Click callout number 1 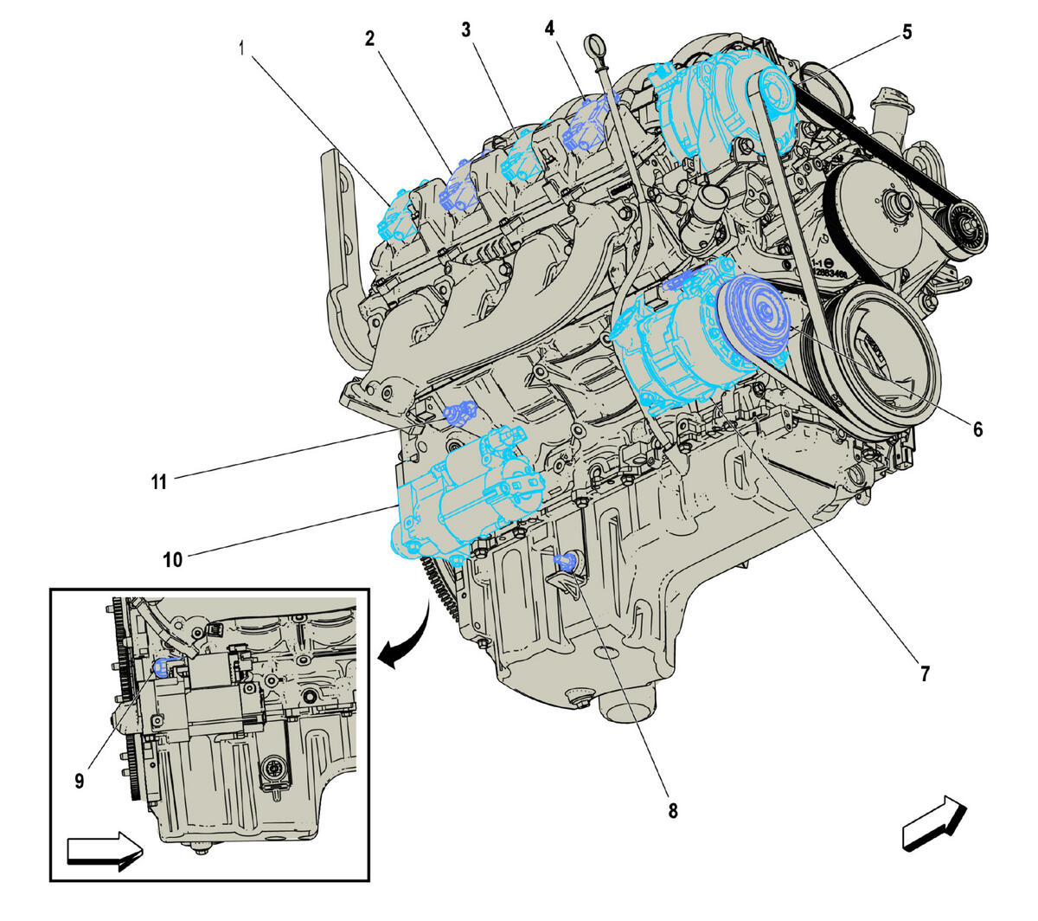point(242,48)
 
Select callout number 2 point(369,38)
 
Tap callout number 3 point(466,30)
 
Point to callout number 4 point(549,28)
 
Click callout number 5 point(907,33)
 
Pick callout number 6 point(977,429)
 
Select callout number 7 point(925,673)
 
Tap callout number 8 point(673,811)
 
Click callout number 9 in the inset point(80,781)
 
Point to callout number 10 point(173,559)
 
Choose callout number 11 point(158,482)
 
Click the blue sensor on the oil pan point(563,564)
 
